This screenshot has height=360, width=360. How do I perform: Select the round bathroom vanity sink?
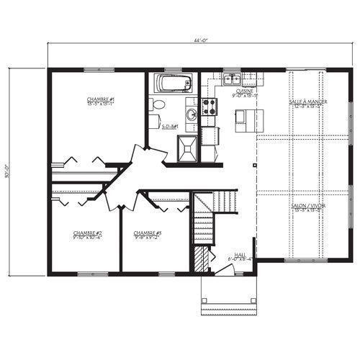(190, 114)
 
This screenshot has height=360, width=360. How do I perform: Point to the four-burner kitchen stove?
(210, 107)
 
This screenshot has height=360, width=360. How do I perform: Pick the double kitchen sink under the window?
(231, 79)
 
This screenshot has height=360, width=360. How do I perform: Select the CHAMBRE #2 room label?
(86, 235)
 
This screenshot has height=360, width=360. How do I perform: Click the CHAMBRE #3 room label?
(148, 235)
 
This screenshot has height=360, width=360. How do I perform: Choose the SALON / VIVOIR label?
(308, 207)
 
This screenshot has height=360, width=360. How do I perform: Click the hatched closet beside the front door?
(202, 258)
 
